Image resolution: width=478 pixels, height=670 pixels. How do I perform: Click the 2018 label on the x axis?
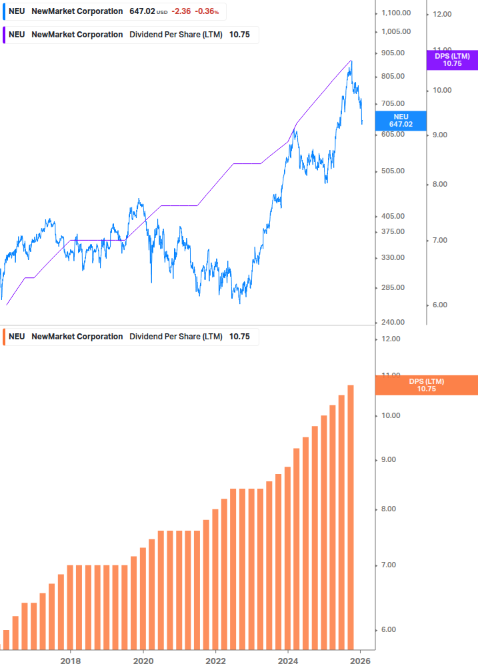click(71, 661)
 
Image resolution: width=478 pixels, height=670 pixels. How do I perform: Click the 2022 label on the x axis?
click(216, 661)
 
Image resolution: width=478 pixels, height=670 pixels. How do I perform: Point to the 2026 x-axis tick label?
click(361, 661)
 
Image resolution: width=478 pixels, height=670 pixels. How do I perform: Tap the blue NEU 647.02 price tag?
click(401, 120)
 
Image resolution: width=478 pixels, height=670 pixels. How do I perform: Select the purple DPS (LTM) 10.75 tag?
click(452, 60)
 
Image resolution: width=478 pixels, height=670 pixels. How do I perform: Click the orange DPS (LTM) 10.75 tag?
click(426, 385)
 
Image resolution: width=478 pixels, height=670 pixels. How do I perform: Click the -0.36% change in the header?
click(207, 11)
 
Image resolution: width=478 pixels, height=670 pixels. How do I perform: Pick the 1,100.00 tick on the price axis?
click(396, 13)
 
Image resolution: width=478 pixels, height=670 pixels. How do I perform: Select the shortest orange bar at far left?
click(7, 639)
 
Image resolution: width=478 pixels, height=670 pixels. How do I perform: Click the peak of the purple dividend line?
click(351, 61)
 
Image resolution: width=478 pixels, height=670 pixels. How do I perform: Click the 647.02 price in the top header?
click(142, 11)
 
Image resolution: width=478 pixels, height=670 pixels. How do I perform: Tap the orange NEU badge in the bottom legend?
click(17, 337)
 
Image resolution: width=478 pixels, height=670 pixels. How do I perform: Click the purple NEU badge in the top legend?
click(17, 35)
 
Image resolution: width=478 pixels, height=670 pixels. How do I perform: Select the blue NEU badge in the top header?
click(17, 11)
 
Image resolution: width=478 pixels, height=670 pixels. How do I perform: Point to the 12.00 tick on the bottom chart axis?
click(391, 339)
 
